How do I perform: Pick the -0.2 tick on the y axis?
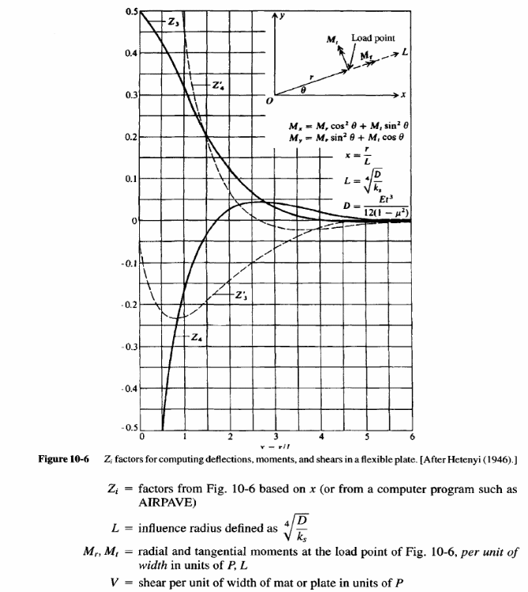coord(131,305)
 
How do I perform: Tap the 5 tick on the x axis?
coord(367,436)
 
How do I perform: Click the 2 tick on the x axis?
coord(230,436)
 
